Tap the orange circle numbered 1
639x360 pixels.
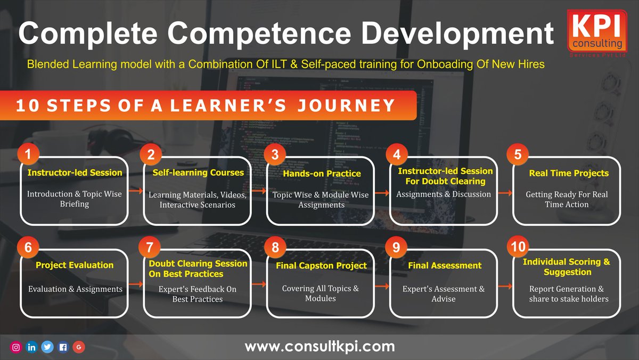tap(28, 154)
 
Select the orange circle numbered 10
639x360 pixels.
tap(518, 247)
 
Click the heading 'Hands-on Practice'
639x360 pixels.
tap(322, 174)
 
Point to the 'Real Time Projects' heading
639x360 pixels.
tap(569, 173)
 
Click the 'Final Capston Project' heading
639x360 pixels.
tap(321, 265)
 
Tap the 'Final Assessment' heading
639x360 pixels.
tap(445, 265)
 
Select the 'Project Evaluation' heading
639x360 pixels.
tap(75, 265)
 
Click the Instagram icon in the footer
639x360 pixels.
tap(17, 347)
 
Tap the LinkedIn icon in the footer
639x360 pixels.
tap(32, 347)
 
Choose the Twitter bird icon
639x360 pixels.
tap(47, 347)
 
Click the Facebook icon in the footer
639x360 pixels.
tap(63, 347)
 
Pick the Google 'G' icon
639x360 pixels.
tap(78, 347)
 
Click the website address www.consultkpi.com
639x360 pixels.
tap(319, 347)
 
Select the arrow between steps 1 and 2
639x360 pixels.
tap(136, 191)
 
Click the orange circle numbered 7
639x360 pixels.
tap(151, 247)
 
